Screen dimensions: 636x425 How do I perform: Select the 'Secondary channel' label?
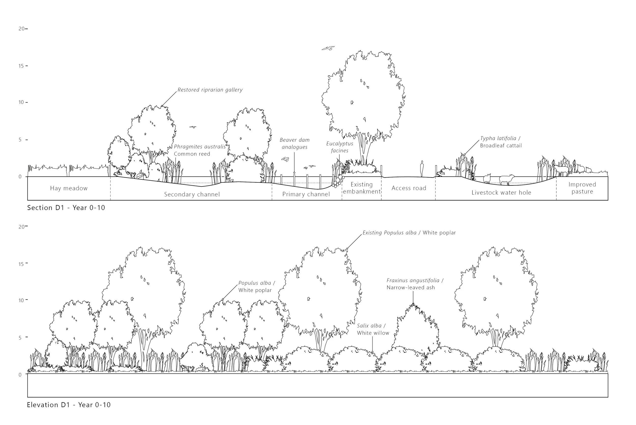pos(192,194)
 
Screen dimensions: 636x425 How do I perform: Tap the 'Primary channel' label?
pos(306,194)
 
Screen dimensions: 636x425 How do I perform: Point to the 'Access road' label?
pos(409,188)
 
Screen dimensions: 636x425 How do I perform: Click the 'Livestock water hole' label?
pos(501,193)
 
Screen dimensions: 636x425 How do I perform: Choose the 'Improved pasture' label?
pos(582,188)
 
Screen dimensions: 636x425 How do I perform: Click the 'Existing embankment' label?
pos(362,188)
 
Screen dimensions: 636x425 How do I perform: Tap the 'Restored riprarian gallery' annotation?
pos(210,90)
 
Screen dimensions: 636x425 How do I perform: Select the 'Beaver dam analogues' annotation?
pos(295,143)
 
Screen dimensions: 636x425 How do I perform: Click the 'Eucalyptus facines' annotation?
pos(340,147)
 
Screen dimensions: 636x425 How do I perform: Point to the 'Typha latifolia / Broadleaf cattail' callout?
pos(501,142)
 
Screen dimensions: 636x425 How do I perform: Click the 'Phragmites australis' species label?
pos(199,147)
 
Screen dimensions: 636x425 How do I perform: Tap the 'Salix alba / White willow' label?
pos(373,329)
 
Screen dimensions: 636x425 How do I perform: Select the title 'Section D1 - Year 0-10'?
pos(66,208)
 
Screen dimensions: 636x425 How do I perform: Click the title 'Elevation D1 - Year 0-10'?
pos(69,405)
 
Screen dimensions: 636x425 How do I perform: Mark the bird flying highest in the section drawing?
pos(328,48)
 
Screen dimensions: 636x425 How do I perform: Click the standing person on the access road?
pos(422,169)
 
